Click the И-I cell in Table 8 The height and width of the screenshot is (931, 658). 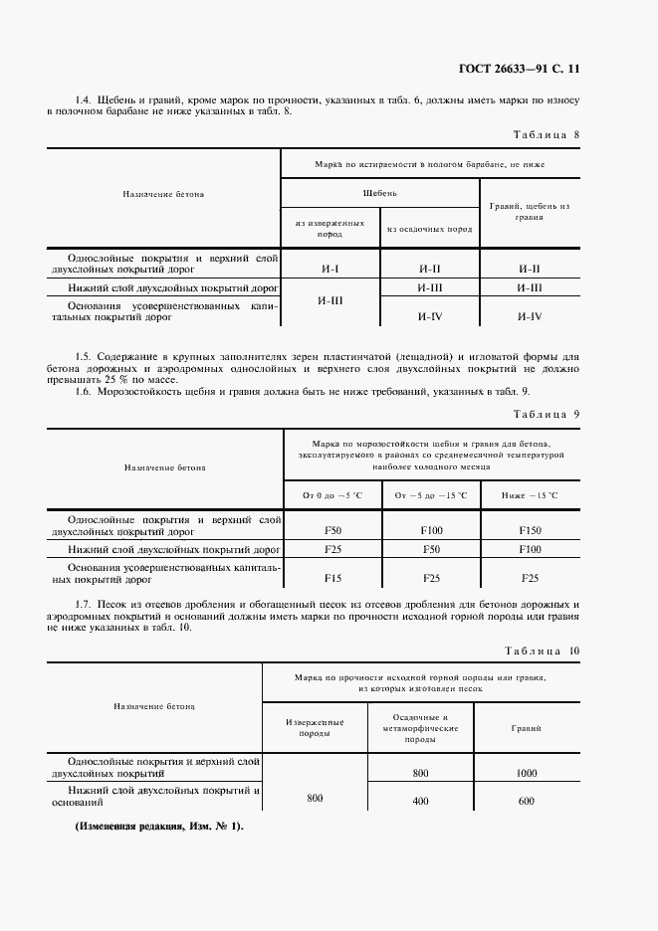[x=331, y=269]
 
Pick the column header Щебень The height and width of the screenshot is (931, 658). [x=379, y=193]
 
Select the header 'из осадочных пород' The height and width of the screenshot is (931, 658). [x=429, y=228]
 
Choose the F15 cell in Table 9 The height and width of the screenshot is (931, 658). [x=333, y=577]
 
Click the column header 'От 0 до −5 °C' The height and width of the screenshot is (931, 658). [x=332, y=494]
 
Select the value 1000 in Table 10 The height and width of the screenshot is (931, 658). [x=527, y=772]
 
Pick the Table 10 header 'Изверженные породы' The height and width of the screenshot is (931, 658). [x=314, y=728]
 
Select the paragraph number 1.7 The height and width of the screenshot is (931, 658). [x=85, y=605]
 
